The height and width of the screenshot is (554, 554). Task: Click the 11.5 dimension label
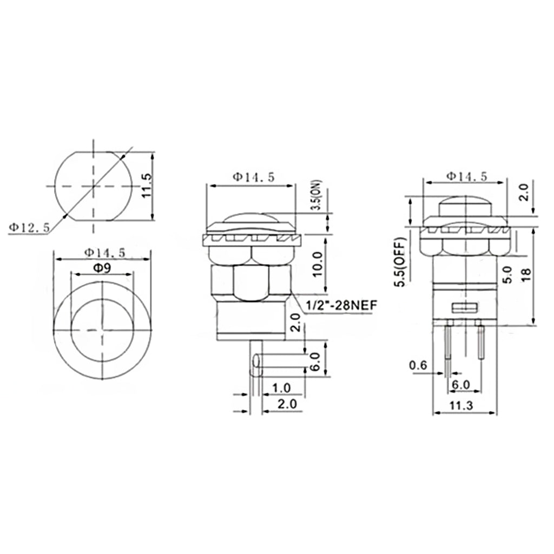point(147,186)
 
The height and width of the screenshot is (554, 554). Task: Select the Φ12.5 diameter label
point(29,228)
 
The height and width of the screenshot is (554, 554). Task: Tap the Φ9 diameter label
point(102,268)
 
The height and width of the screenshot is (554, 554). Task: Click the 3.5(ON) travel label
point(318,195)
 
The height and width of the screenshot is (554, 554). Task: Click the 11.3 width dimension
point(461,405)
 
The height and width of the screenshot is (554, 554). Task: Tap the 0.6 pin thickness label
point(418,365)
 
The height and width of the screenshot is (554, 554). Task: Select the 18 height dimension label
point(526,274)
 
